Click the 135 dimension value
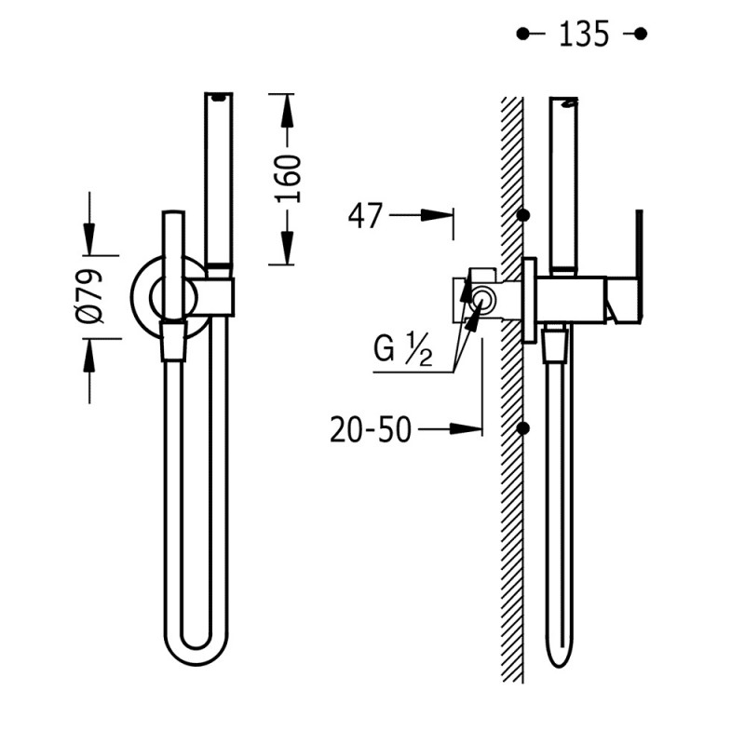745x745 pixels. pyautogui.click(x=584, y=34)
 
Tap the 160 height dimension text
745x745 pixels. pyautogui.click(x=289, y=178)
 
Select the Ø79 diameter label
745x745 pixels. pyautogui.click(x=89, y=296)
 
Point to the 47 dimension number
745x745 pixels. pyautogui.click(x=365, y=216)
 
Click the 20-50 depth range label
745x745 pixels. pyautogui.click(x=371, y=429)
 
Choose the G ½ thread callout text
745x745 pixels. pyautogui.click(x=403, y=349)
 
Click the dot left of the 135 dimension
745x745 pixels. pyautogui.click(x=522, y=34)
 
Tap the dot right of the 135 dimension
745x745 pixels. pyautogui.click(x=641, y=34)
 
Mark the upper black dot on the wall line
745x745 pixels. pyautogui.click(x=523, y=215)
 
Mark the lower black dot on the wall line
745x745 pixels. pyautogui.click(x=523, y=428)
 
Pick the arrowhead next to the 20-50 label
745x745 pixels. pyautogui.click(x=467, y=429)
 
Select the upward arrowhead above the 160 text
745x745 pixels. pyautogui.click(x=287, y=111)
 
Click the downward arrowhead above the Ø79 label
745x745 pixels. pyautogui.click(x=89, y=239)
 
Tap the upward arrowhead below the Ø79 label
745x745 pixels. pyautogui.click(x=89, y=356)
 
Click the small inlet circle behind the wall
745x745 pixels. pyautogui.click(x=483, y=300)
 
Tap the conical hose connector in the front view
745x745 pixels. pyautogui.click(x=173, y=340)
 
